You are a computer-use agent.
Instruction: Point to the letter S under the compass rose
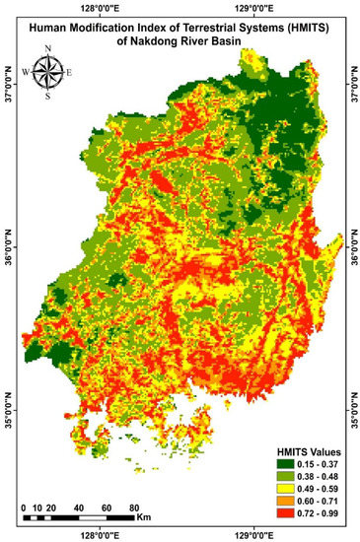click(46, 98)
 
